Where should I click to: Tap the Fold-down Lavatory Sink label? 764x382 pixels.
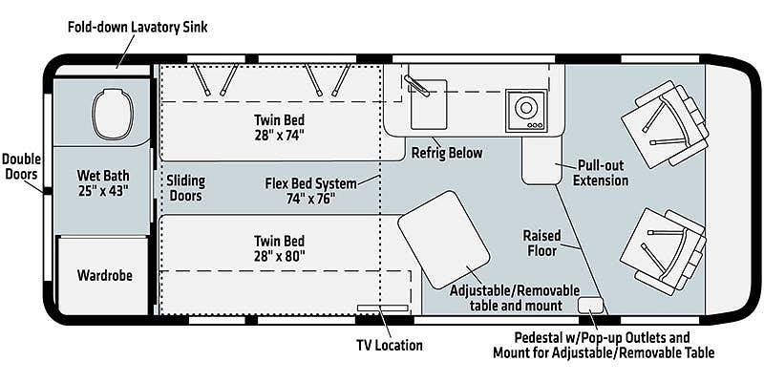(x=138, y=27)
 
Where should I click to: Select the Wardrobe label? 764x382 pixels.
(x=104, y=276)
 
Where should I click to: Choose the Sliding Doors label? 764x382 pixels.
(x=185, y=188)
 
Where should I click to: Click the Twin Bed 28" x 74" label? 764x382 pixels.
(x=279, y=127)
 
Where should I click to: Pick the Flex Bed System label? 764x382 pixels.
(x=311, y=190)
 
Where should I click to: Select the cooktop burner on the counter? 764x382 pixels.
(x=524, y=109)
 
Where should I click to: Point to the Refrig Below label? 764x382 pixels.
(x=447, y=153)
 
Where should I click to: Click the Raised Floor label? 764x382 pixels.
(x=541, y=243)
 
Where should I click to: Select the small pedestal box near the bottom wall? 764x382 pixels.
(x=591, y=305)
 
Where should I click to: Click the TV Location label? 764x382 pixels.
(x=386, y=345)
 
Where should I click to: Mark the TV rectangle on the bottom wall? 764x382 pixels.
(x=377, y=308)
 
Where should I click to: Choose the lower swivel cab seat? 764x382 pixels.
(x=661, y=246)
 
